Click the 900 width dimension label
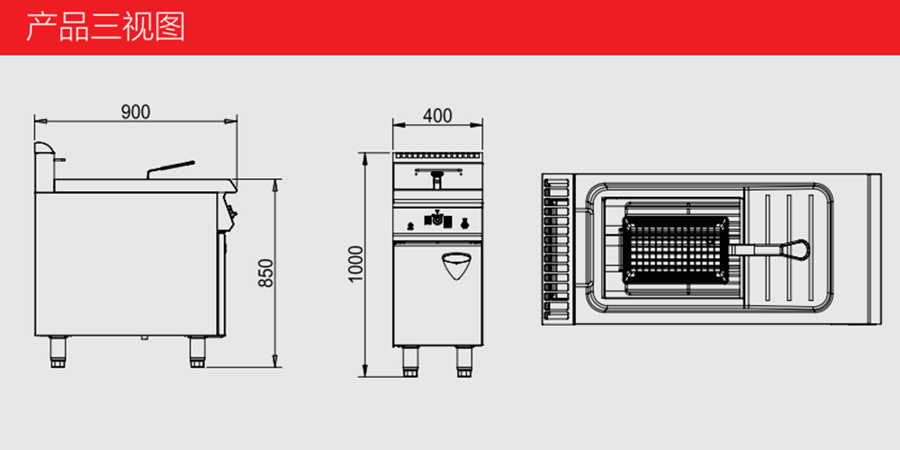pos(136,112)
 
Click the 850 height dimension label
pos(265,274)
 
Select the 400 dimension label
pos(437,116)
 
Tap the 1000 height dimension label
pos(355,264)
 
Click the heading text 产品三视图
pos(106,26)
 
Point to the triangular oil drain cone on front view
pos(457,265)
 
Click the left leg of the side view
pos(58,352)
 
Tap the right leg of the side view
pos(197,352)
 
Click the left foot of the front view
pos(409,362)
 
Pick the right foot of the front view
pos(463,362)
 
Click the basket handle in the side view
pos(170,169)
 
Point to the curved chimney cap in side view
pos(45,148)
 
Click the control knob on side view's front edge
pos(231,213)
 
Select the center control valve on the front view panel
pos(437,220)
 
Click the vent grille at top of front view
pos(437,156)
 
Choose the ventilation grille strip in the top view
pos(556,249)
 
